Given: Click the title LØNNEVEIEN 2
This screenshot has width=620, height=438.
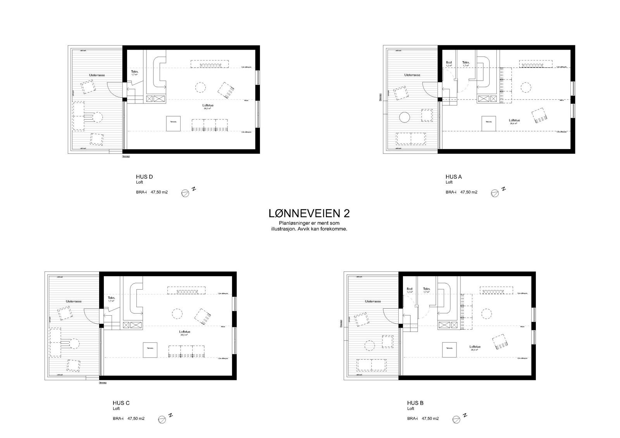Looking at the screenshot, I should coord(309,213).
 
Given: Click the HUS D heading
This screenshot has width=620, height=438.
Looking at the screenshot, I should coord(144,177).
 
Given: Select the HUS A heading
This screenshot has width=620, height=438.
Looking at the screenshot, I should coord(453,177).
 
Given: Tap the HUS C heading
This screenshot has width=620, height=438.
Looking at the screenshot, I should coord(121,403).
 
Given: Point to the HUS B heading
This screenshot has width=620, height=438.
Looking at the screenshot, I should coord(415,403).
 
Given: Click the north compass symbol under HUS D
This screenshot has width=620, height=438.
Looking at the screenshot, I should coord(185,192).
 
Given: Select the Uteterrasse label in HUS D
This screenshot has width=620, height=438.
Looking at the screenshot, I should coord(96,75).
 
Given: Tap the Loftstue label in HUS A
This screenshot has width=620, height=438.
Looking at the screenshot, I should coord(514,120).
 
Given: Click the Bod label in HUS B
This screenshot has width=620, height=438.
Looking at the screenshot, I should coord(409,289).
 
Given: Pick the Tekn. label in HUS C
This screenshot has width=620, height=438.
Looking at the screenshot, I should coord(112,297).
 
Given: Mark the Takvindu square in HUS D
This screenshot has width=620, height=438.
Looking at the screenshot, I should coord(173,123).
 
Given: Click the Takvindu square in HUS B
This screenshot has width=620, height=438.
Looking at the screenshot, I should coord(449,349).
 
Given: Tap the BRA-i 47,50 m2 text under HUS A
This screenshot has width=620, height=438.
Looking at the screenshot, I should coord(461,192).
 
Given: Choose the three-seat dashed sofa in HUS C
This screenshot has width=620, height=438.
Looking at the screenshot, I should coord(186,351).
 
